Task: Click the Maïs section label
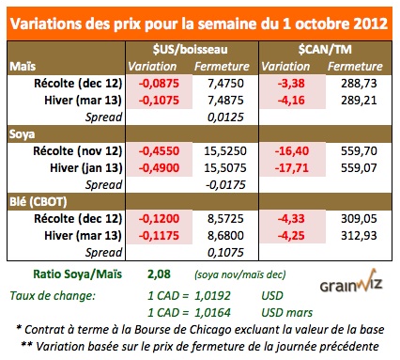pos(21,67)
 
